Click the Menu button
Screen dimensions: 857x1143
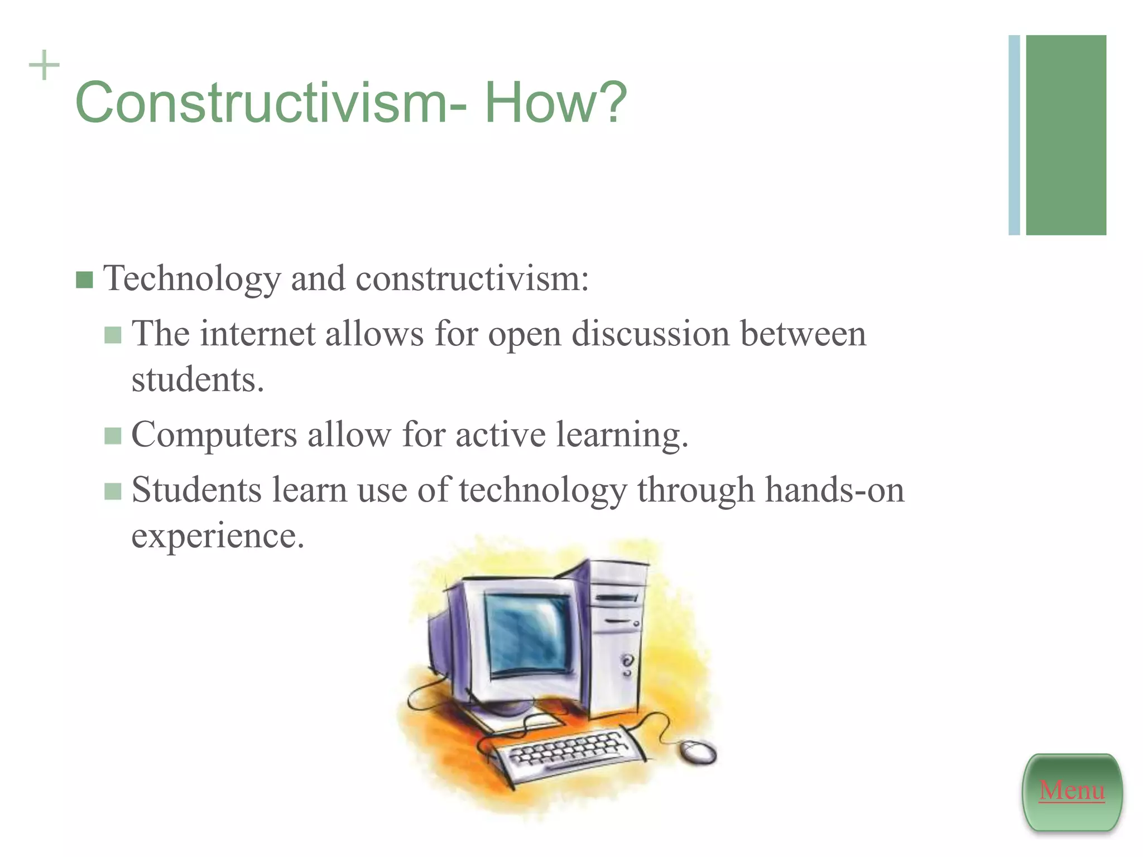coord(1072,791)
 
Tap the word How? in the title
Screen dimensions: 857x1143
coord(555,103)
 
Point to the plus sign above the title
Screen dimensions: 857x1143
coord(44,65)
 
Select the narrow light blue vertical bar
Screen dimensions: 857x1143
coord(1014,135)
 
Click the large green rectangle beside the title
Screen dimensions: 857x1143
coord(1065,135)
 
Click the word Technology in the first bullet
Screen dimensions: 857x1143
coord(193,279)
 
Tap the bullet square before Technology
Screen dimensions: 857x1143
coord(84,280)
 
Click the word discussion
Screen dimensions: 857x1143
coord(651,335)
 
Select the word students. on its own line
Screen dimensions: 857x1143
coord(198,381)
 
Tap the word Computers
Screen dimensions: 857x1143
coord(214,436)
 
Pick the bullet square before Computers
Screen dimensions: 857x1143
coord(113,436)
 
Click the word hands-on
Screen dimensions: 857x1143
coord(834,491)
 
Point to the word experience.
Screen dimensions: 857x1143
coord(218,536)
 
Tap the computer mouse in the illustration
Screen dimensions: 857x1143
coord(699,752)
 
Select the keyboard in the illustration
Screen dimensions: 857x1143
coord(564,753)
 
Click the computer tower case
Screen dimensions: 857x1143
coord(617,636)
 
